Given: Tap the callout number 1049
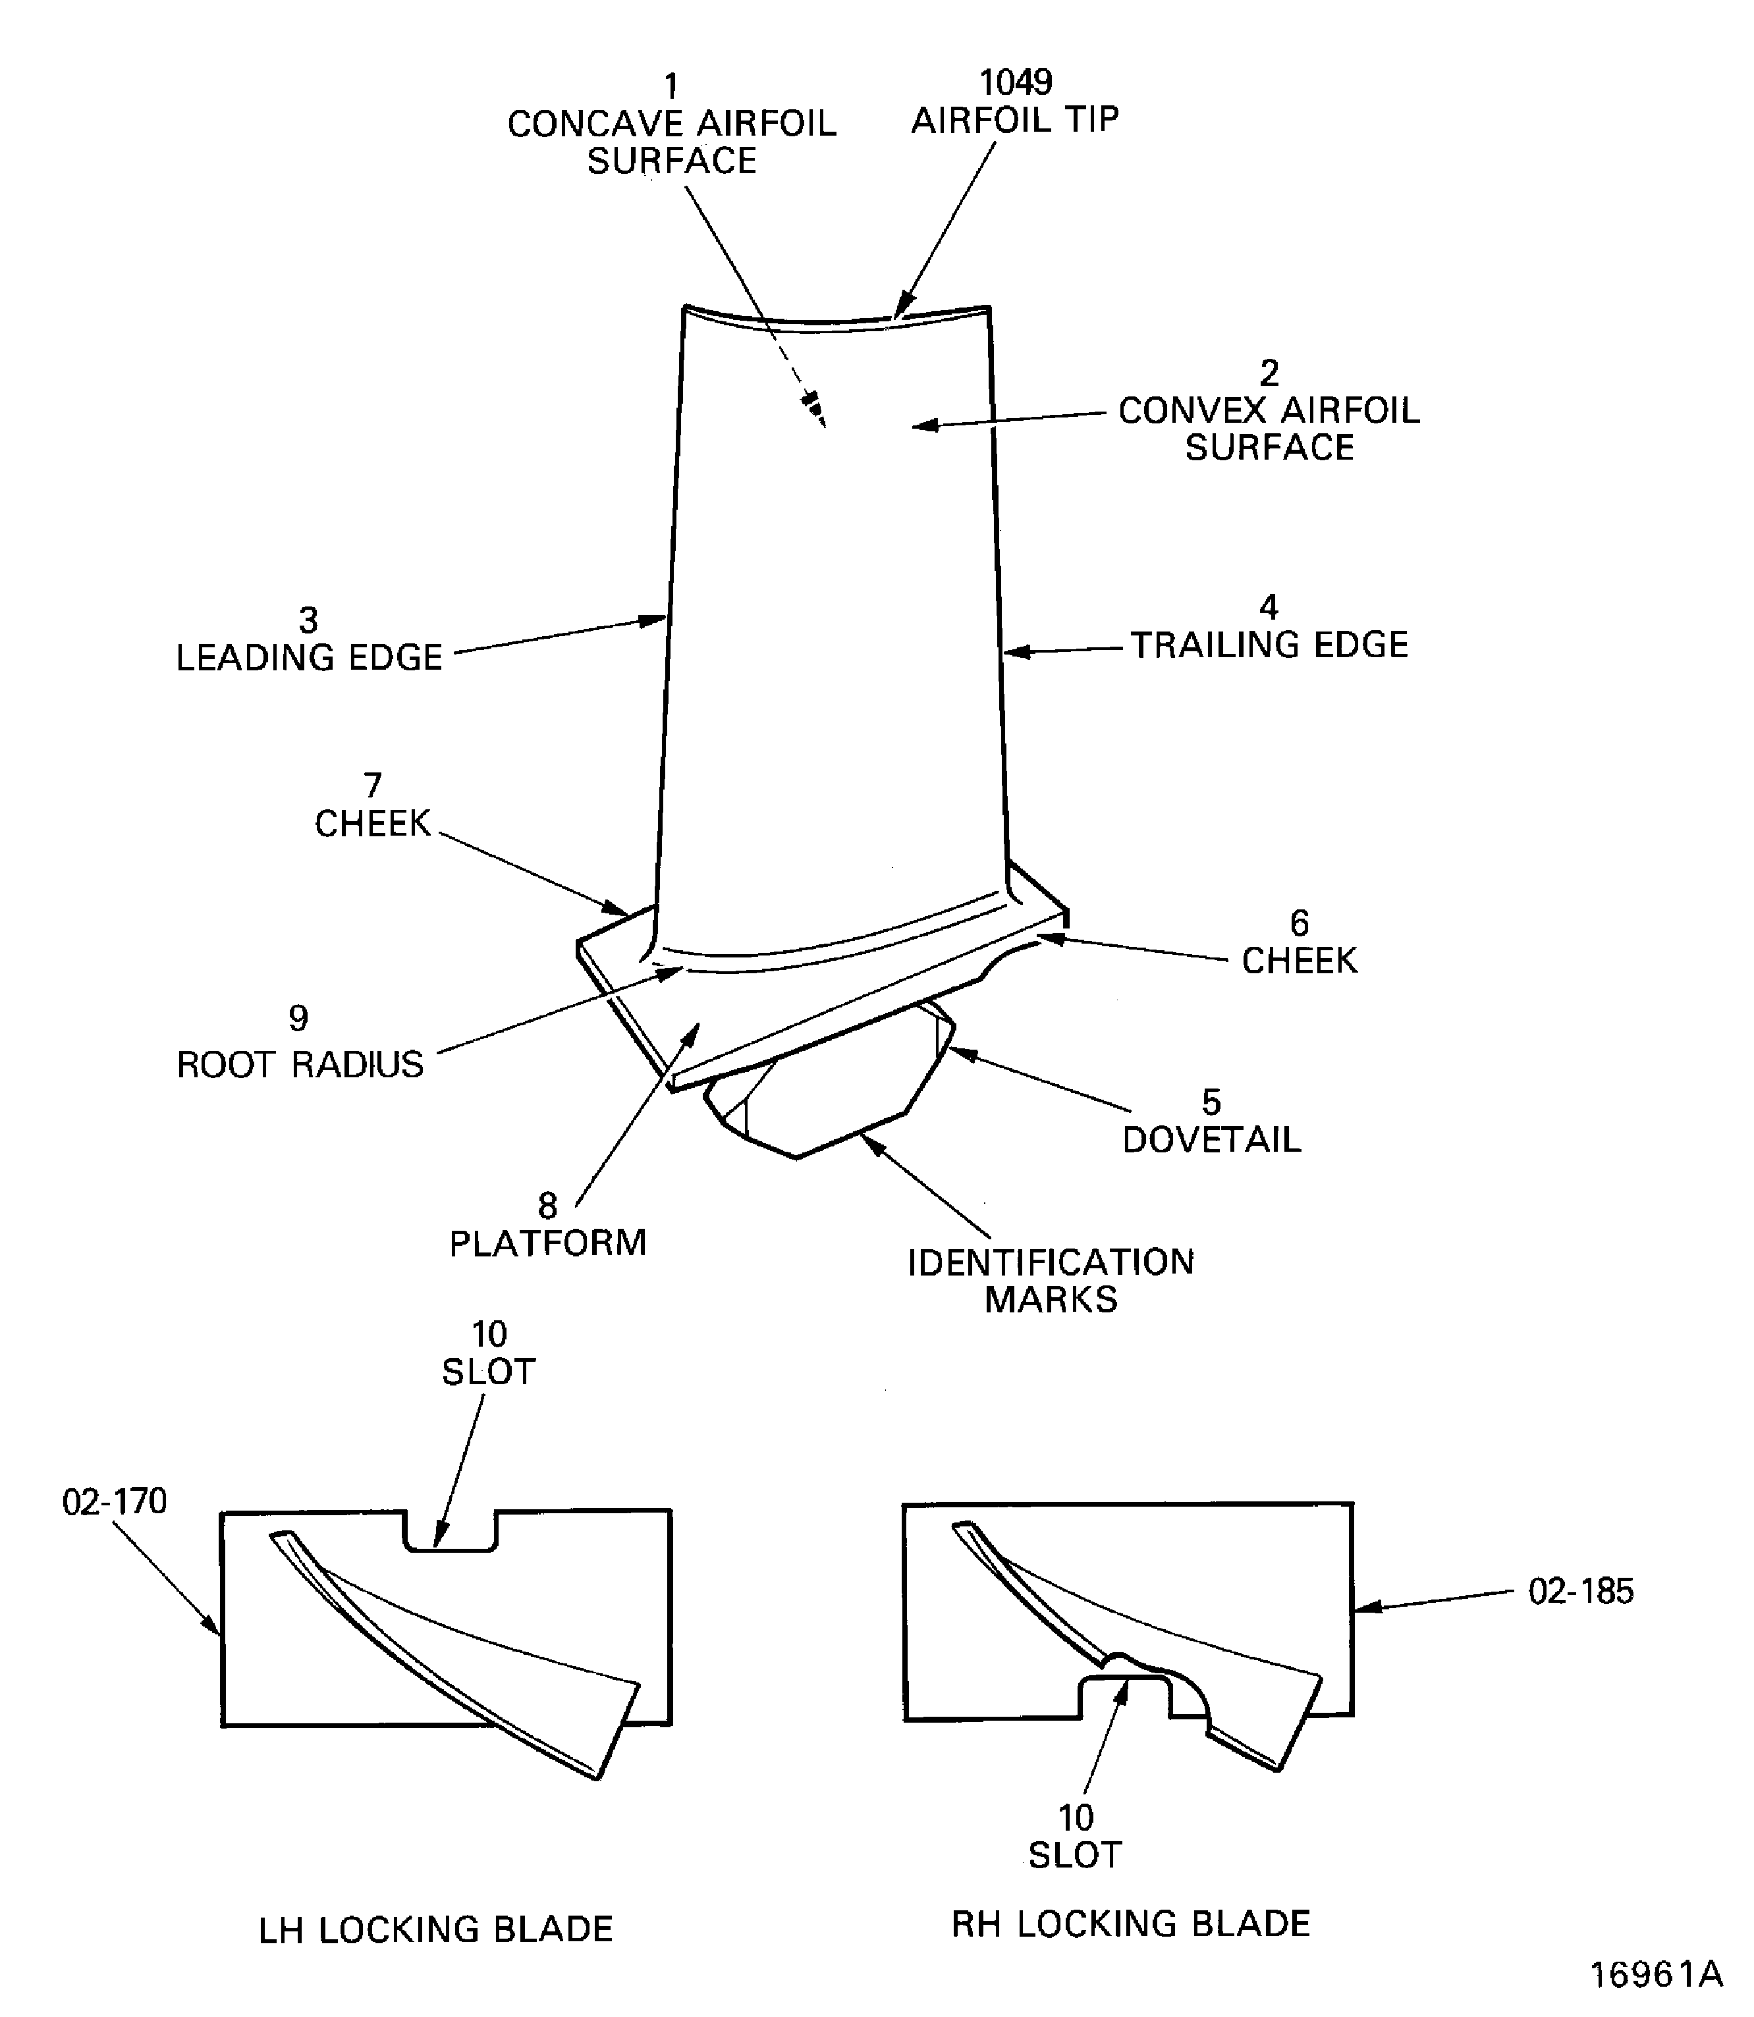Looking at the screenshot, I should coord(1016,82).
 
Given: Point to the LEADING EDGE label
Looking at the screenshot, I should coord(310,658).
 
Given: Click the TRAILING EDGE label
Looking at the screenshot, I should coord(1269,645).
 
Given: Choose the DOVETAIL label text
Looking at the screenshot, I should coord(1212,1140).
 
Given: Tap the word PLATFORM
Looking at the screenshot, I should coord(548,1243).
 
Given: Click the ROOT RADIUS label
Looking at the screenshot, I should coord(300,1065).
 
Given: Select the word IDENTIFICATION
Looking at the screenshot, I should coord(1051,1262).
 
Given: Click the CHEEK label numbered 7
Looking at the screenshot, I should coord(373,824).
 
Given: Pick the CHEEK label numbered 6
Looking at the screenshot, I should coord(1300,961).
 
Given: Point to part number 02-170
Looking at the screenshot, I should coord(115,1501).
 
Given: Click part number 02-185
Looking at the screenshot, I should coord(1581,1592).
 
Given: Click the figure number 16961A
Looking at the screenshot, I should coord(1656,1975).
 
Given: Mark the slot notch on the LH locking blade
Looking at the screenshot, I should coord(451,1532).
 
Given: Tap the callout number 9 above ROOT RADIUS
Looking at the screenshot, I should coord(298,1019).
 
